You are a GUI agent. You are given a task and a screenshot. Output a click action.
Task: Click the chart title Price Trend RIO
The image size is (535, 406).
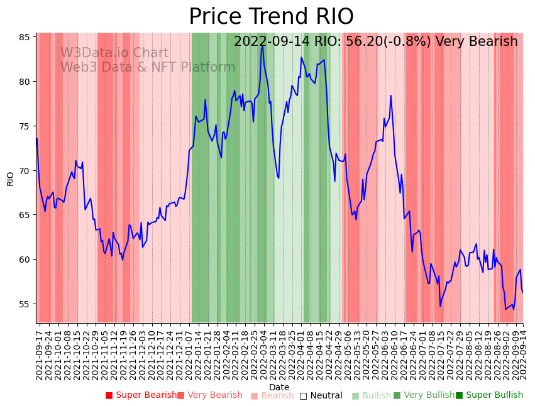[x=271, y=17]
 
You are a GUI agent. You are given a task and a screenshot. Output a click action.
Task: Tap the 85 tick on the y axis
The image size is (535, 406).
[x=25, y=37]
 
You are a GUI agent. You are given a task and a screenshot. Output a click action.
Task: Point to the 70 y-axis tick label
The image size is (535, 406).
[x=25, y=171]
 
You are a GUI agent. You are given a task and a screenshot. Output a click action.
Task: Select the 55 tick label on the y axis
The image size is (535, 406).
[x=25, y=304]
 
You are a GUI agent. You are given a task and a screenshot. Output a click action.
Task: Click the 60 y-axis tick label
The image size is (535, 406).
[x=25, y=260]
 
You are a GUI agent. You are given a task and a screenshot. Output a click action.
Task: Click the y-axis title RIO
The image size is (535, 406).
[x=10, y=178]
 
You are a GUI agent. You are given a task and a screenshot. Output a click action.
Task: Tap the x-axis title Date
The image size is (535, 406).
[x=279, y=388]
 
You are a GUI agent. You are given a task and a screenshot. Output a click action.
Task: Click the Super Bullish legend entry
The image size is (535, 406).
[x=494, y=395]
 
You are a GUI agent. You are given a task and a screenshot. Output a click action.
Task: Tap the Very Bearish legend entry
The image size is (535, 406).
[x=214, y=395]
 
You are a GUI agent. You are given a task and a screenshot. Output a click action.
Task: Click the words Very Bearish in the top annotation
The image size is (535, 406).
[x=477, y=42]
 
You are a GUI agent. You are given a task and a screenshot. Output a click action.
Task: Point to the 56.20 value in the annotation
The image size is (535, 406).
[x=363, y=42]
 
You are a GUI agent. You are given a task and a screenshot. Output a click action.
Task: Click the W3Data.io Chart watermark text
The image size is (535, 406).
[x=114, y=53]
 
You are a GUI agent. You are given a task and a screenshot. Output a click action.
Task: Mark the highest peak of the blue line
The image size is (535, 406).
[x=262, y=45]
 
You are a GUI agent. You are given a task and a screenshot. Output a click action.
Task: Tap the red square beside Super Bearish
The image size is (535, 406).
[x=109, y=395]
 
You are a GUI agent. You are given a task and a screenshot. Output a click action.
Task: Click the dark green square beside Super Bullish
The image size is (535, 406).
[x=459, y=395]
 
